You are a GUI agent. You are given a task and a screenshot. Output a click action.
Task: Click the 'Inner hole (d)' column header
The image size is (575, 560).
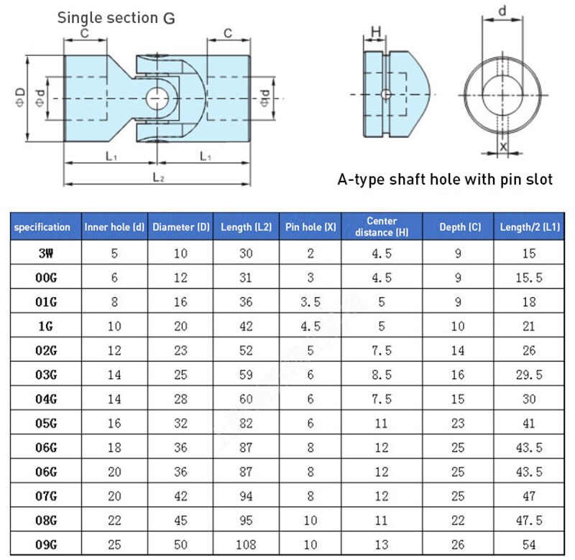point(114,227)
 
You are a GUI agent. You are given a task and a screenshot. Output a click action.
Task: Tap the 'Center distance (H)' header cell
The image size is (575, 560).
point(381,226)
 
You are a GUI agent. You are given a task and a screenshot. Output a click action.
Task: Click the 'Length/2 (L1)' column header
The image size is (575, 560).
point(530,227)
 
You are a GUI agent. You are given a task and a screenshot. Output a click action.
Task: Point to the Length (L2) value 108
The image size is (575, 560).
point(245,545)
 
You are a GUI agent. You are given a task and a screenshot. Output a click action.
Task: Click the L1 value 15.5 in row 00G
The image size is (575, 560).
point(530,278)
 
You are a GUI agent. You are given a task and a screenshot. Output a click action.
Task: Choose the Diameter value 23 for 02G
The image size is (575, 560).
point(180,350)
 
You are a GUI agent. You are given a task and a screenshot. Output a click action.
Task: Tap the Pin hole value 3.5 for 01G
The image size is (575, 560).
point(310,302)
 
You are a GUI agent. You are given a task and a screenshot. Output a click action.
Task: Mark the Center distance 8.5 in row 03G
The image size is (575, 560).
point(381,375)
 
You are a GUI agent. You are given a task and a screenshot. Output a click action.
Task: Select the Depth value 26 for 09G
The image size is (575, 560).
point(458,545)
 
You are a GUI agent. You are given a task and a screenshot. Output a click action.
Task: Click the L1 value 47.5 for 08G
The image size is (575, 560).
point(530,521)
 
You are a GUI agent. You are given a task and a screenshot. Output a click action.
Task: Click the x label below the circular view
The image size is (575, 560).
point(502,146)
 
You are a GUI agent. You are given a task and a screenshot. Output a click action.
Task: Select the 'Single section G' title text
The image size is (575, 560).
point(116,17)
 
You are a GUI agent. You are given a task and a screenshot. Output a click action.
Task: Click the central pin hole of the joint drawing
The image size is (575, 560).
point(157,98)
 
